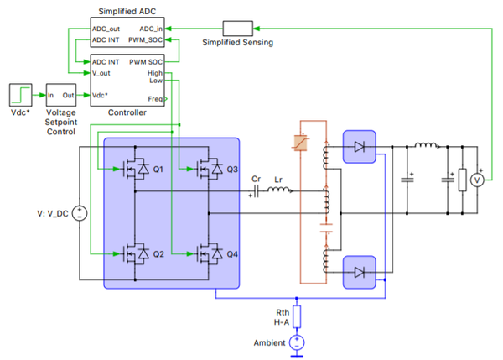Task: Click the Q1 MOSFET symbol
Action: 135,169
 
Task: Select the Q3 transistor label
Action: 232,170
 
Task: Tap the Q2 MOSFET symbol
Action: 135,254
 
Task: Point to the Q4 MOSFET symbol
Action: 209,254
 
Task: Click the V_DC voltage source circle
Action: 80,213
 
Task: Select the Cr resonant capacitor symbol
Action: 256,191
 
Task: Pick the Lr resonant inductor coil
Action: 278,190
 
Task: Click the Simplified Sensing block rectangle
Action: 238,29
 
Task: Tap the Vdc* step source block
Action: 20,95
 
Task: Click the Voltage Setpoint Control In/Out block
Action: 61,95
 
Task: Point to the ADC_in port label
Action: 151,29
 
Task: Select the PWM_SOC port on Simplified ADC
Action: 145,39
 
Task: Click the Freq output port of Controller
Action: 156,99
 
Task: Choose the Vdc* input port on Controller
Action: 100,95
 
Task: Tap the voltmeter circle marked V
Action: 477,180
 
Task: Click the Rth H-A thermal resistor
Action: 297,316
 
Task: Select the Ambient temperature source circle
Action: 297,342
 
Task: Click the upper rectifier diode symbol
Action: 360,147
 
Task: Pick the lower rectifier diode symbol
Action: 360,273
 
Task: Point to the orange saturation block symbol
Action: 301,143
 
